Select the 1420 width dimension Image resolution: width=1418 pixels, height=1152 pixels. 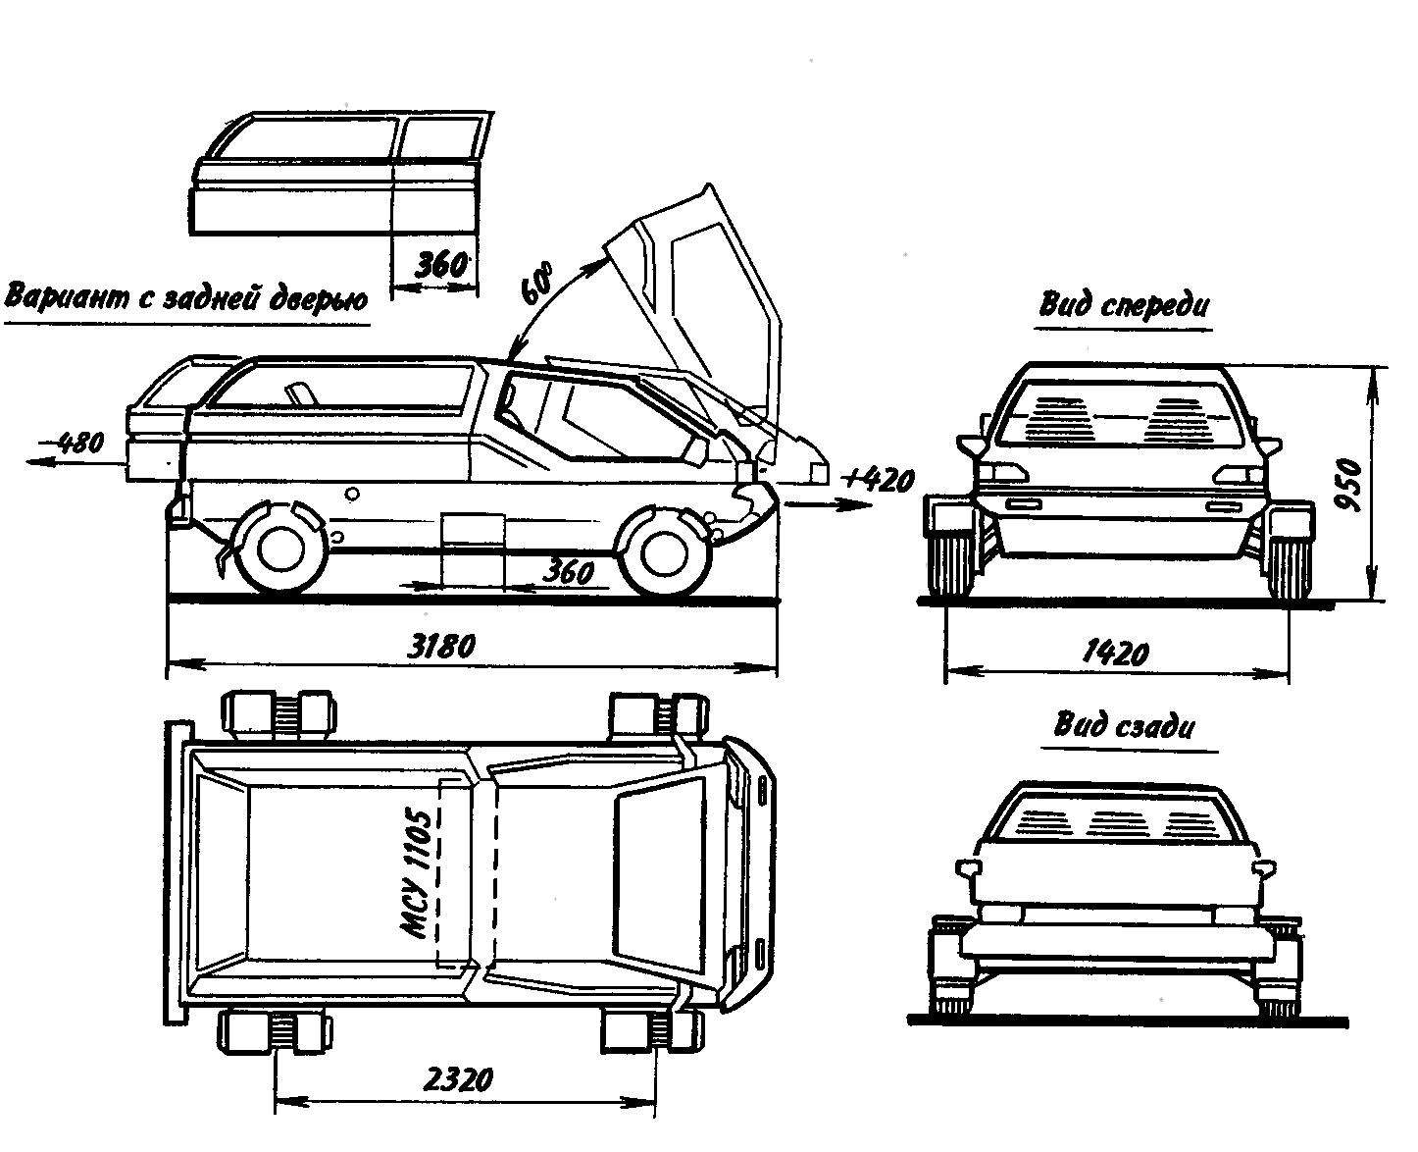(1117, 651)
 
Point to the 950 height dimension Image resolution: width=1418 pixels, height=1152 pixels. (1354, 485)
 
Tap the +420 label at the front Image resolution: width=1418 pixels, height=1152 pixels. (880, 480)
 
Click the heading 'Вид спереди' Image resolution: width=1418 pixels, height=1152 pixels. (1124, 305)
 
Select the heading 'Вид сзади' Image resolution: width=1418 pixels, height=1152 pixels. (1124, 727)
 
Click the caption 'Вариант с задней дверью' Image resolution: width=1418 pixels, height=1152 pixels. (186, 296)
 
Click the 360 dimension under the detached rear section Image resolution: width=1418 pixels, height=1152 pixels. (436, 265)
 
